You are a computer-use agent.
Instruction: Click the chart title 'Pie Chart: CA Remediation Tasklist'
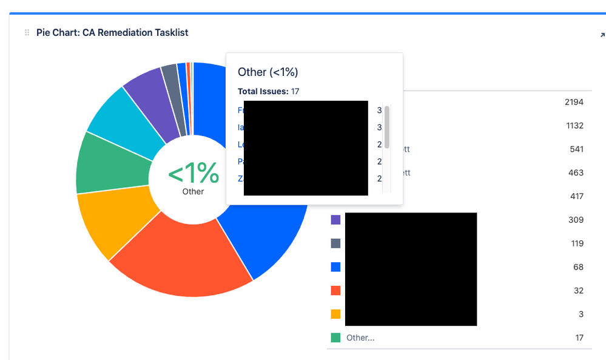(x=113, y=33)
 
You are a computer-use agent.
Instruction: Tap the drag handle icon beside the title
(x=27, y=33)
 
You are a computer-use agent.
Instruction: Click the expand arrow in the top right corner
(x=602, y=35)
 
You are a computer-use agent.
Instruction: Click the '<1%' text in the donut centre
(x=193, y=174)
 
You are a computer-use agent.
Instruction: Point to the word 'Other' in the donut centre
(x=193, y=191)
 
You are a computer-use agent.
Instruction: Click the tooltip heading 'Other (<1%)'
(x=268, y=72)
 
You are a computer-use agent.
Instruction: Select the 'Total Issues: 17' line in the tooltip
(x=268, y=92)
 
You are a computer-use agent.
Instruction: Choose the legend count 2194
(x=574, y=102)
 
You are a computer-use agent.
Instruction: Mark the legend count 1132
(x=574, y=126)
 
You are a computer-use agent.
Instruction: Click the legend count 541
(x=576, y=149)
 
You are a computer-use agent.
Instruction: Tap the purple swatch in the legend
(x=335, y=220)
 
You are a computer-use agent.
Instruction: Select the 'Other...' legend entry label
(x=360, y=338)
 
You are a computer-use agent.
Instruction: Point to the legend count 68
(x=578, y=267)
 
